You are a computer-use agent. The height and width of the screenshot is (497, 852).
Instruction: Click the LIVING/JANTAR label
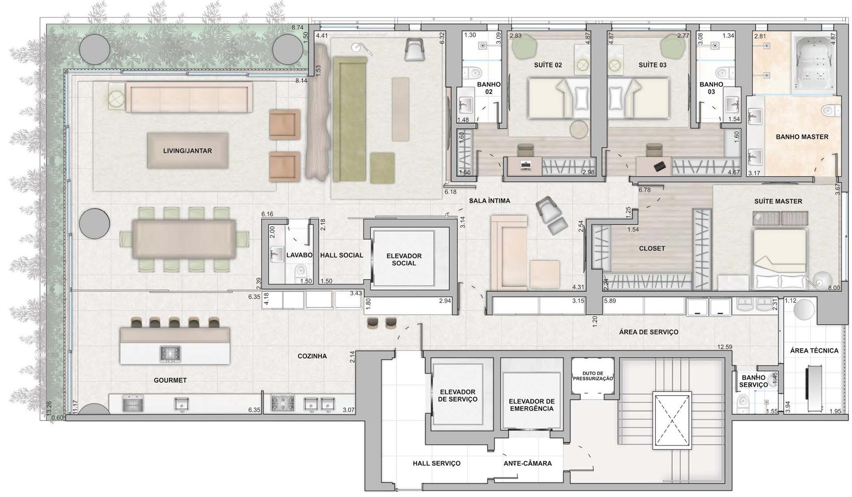(187, 151)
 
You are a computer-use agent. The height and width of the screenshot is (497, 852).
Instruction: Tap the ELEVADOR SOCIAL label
(404, 259)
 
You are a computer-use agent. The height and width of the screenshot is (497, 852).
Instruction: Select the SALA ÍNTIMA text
(489, 200)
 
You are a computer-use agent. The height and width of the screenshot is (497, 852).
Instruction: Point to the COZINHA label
(312, 356)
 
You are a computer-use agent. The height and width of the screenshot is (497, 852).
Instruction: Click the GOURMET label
(170, 380)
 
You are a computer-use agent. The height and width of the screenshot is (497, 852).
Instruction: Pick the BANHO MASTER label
(802, 137)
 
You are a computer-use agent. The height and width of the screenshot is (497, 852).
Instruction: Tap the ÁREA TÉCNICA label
(814, 350)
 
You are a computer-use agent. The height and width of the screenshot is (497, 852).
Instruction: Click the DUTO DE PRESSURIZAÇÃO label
(593, 376)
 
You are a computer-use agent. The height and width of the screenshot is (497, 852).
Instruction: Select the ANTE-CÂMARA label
(528, 463)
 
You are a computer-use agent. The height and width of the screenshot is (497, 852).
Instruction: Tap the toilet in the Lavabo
(300, 272)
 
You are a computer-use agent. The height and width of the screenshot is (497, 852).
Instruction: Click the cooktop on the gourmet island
(170, 354)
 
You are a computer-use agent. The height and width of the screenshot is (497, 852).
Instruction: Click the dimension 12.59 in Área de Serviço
(725, 347)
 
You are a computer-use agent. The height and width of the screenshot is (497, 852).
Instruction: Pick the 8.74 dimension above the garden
(298, 27)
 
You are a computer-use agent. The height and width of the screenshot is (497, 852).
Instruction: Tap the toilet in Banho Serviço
(743, 403)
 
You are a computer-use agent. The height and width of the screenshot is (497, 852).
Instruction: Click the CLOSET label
(652, 248)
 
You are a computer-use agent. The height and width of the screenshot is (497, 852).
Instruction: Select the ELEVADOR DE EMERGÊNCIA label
(532, 405)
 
